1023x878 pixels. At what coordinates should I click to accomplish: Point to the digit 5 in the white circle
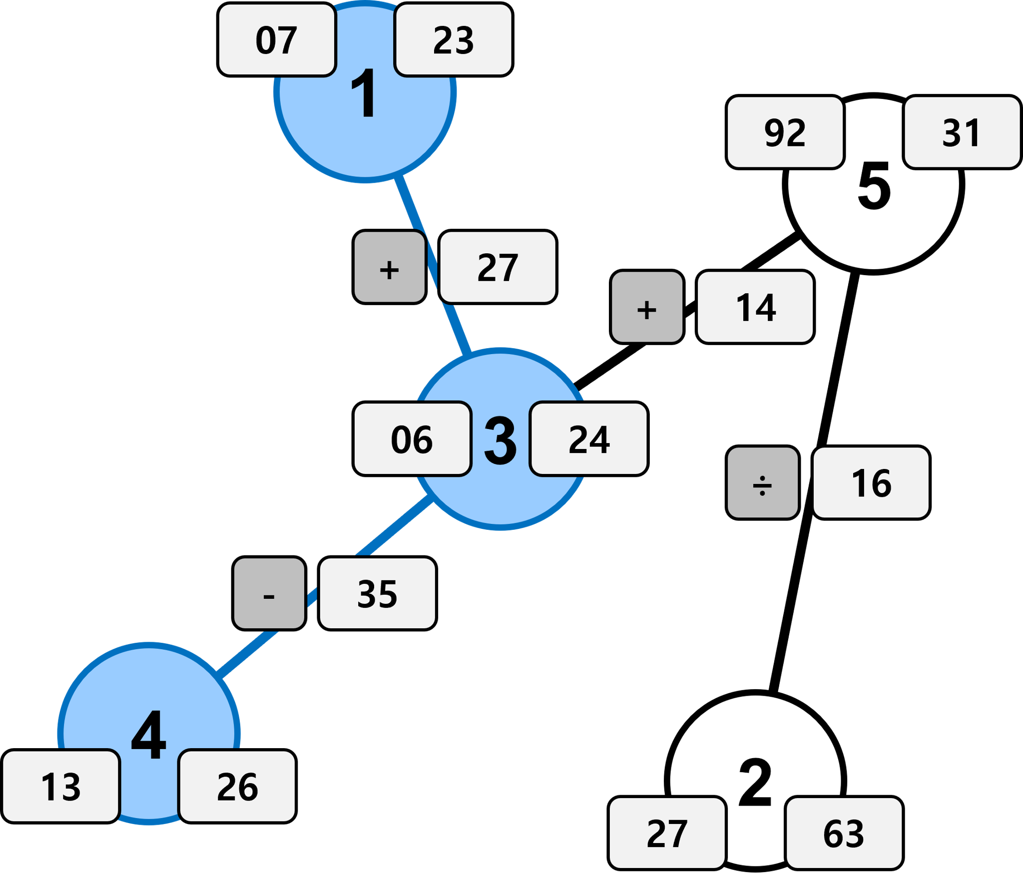pos(874,186)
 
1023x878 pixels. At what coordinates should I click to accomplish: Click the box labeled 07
pos(277,40)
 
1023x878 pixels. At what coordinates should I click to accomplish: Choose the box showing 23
pos(453,40)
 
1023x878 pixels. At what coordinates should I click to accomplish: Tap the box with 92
pos(785,132)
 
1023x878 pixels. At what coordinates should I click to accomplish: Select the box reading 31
pos(961,132)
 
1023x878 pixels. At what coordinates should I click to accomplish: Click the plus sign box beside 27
pos(390,267)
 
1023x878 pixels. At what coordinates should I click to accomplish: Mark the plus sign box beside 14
pos(647,307)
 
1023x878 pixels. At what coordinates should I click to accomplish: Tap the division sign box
pos(762,482)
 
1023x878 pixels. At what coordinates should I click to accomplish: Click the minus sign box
pos(269,593)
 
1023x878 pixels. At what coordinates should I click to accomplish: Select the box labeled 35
pos(377,593)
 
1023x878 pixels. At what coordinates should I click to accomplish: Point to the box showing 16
pos(871,482)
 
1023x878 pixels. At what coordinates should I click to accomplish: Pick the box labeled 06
pos(412,439)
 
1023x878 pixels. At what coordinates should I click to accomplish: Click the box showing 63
pos(844,833)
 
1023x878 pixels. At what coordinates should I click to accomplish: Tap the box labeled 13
pos(61,786)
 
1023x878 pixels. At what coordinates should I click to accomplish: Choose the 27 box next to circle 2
pos(667,833)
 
